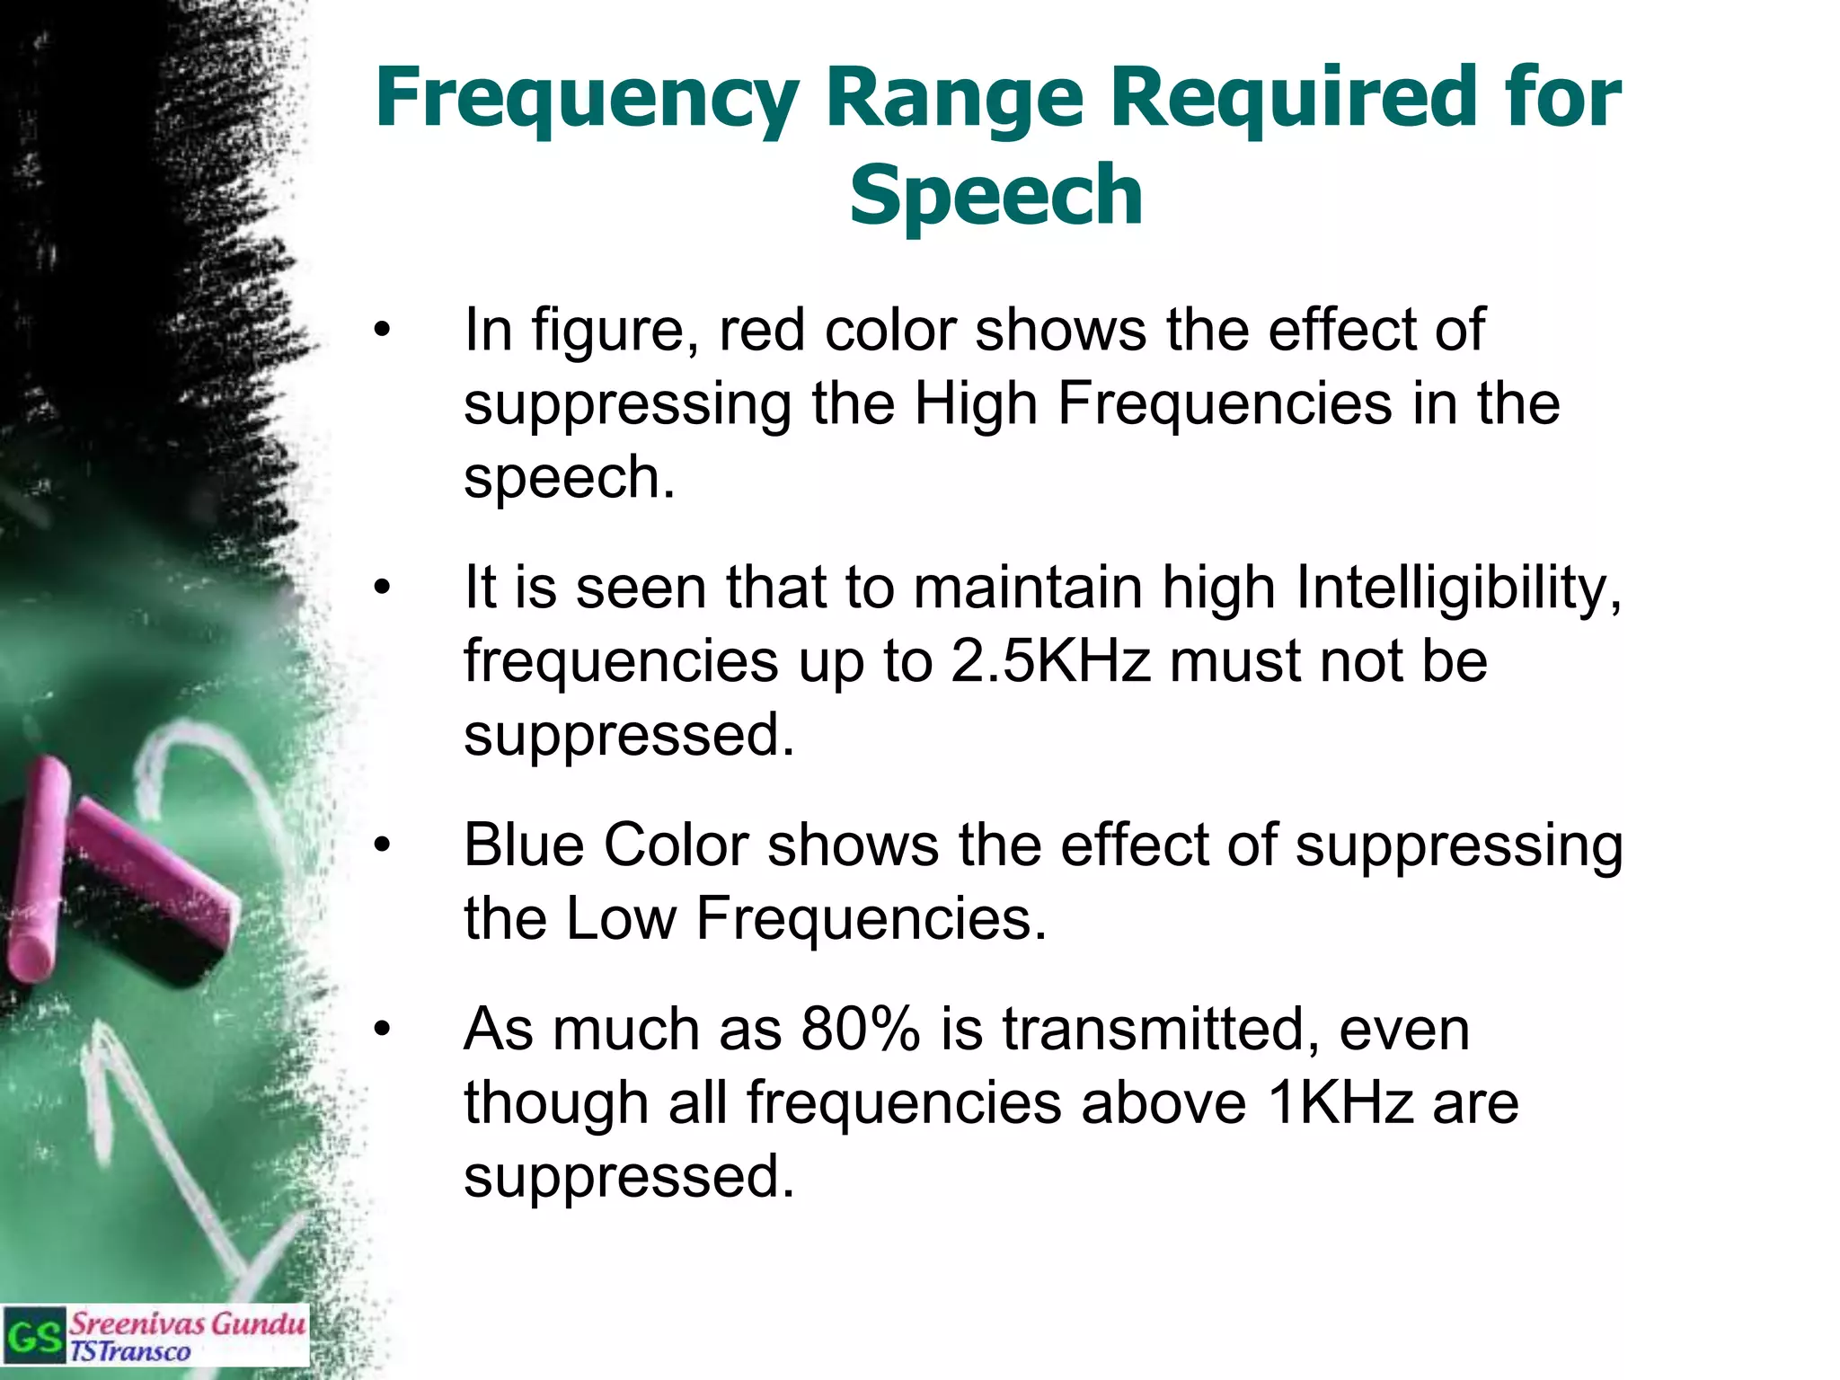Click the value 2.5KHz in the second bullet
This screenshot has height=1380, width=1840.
(x=1050, y=661)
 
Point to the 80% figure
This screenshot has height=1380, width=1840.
(x=861, y=1030)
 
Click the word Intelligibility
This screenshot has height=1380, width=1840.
(x=1459, y=589)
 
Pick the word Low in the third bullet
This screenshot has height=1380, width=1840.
(x=621, y=919)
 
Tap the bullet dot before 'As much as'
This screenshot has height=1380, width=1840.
(x=384, y=1030)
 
